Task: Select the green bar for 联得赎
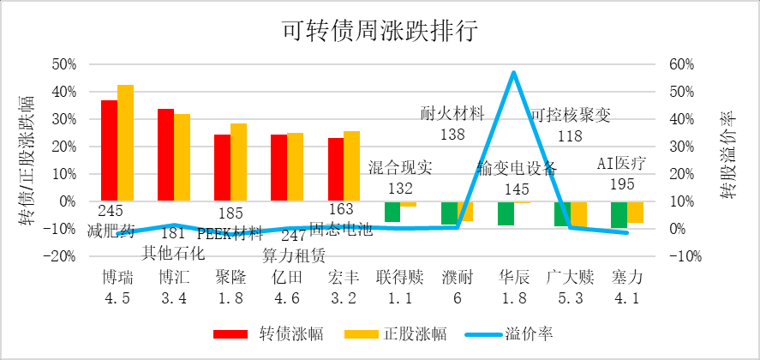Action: click(392, 212)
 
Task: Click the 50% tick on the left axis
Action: click(64, 64)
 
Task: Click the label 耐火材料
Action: click(453, 114)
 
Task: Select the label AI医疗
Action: click(621, 163)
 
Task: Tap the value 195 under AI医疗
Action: click(621, 183)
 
